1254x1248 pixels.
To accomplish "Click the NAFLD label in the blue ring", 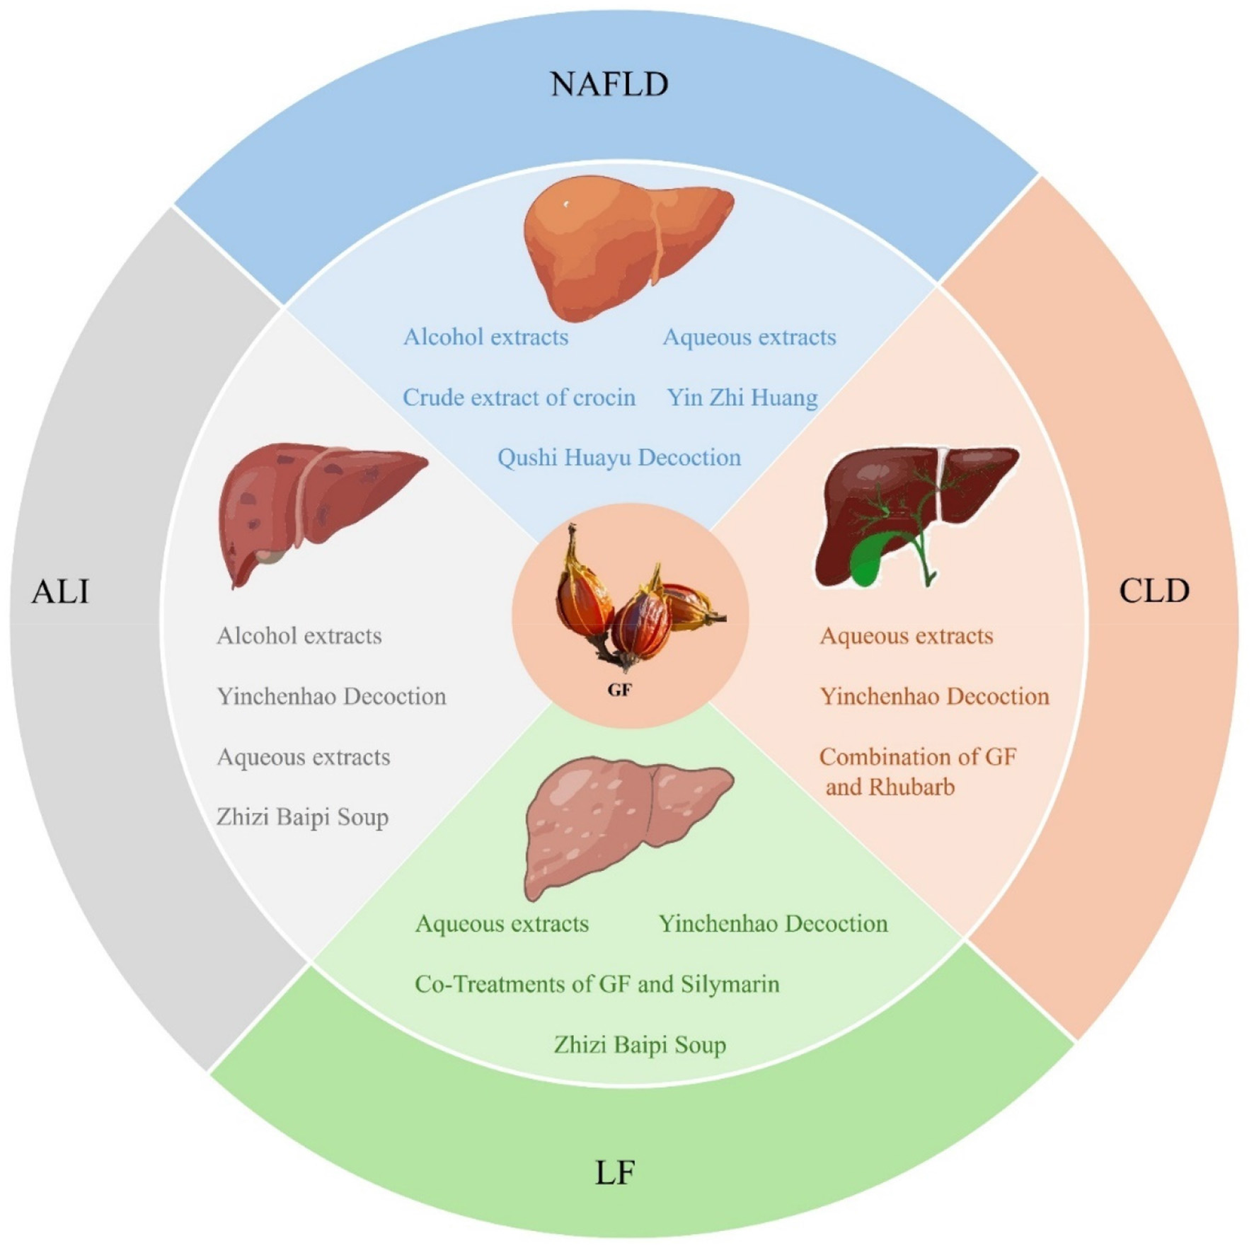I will coord(609,84).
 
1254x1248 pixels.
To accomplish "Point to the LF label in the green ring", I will coord(615,1173).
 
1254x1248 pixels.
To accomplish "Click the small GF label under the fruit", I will coord(619,690).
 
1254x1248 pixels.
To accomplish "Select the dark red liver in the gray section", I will coord(318,506).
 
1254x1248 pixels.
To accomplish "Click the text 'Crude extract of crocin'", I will coord(519,398).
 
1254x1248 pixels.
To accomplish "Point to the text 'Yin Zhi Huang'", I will coord(742,398).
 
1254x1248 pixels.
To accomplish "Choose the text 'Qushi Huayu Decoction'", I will coord(619,458).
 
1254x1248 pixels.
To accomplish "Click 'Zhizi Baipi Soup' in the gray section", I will coord(302,817).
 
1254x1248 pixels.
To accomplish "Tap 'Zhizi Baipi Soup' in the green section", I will coord(640,1045).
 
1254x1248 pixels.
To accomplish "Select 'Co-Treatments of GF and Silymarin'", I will coord(597,984).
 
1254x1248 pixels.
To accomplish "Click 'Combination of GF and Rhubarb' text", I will coord(917,772).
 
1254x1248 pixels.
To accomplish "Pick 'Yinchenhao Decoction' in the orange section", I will coord(934,697).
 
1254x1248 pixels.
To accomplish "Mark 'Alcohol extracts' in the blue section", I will coord(485,337).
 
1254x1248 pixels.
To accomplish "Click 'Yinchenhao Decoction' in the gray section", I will coord(331,697).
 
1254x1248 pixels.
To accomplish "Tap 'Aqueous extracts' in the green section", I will coord(502,924).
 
